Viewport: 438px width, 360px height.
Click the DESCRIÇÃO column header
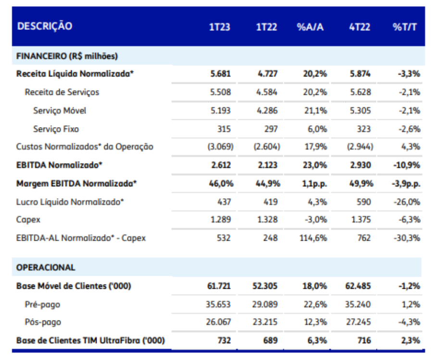click(x=45, y=26)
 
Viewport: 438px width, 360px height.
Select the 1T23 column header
click(x=220, y=27)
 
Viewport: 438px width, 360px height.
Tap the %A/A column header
click(x=310, y=27)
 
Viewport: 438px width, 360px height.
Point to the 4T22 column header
click(x=360, y=27)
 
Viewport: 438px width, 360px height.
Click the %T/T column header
click(x=405, y=27)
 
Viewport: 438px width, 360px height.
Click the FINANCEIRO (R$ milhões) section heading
click(x=67, y=56)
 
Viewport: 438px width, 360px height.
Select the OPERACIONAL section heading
click(x=46, y=268)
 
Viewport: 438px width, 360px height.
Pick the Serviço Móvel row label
click(x=60, y=111)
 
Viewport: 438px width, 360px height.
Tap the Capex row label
click(x=28, y=220)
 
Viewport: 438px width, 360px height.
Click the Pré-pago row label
click(x=42, y=304)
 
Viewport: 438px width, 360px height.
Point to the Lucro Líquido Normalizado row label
click(x=70, y=202)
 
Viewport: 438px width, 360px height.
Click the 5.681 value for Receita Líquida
click(x=220, y=74)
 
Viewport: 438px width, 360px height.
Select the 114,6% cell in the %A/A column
click(x=313, y=238)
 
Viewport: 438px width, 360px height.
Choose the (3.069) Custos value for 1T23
click(x=220, y=147)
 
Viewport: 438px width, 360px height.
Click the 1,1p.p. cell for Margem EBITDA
click(x=314, y=184)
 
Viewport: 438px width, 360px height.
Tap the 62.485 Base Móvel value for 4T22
click(x=358, y=286)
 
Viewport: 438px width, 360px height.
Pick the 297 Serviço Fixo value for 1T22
click(x=271, y=129)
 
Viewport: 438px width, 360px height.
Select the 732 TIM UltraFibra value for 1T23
click(x=224, y=340)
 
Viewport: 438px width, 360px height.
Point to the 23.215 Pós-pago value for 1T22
click(x=265, y=322)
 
